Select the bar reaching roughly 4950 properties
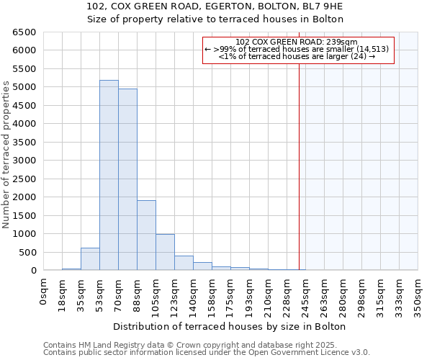tap(127, 179)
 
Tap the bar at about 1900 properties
tap(146, 235)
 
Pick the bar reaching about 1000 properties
tap(165, 252)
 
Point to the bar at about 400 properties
tap(184, 263)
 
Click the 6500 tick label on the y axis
tap(22, 32)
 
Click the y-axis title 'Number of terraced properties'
tap(6, 155)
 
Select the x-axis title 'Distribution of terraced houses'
tap(230, 326)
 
